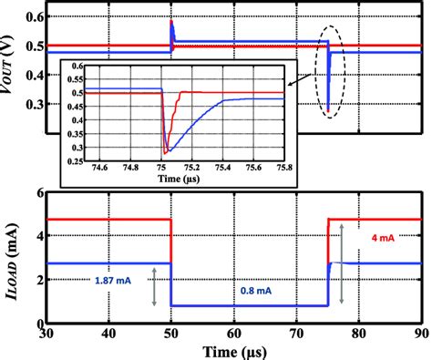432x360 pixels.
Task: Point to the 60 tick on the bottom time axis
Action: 233,334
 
